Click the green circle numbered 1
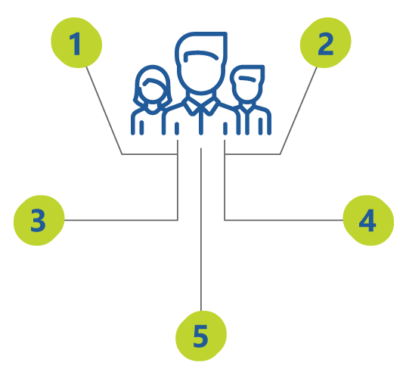[76, 43]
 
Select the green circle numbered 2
[325, 43]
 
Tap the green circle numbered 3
[39, 220]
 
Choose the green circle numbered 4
[368, 220]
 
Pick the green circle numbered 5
[201, 336]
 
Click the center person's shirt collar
[201, 106]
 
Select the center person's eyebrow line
[200, 54]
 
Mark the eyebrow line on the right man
[247, 78]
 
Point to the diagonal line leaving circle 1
[104, 111]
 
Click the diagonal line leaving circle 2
[299, 111]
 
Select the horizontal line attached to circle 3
[121, 220]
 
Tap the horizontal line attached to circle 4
[284, 220]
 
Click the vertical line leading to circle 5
[201, 229]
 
